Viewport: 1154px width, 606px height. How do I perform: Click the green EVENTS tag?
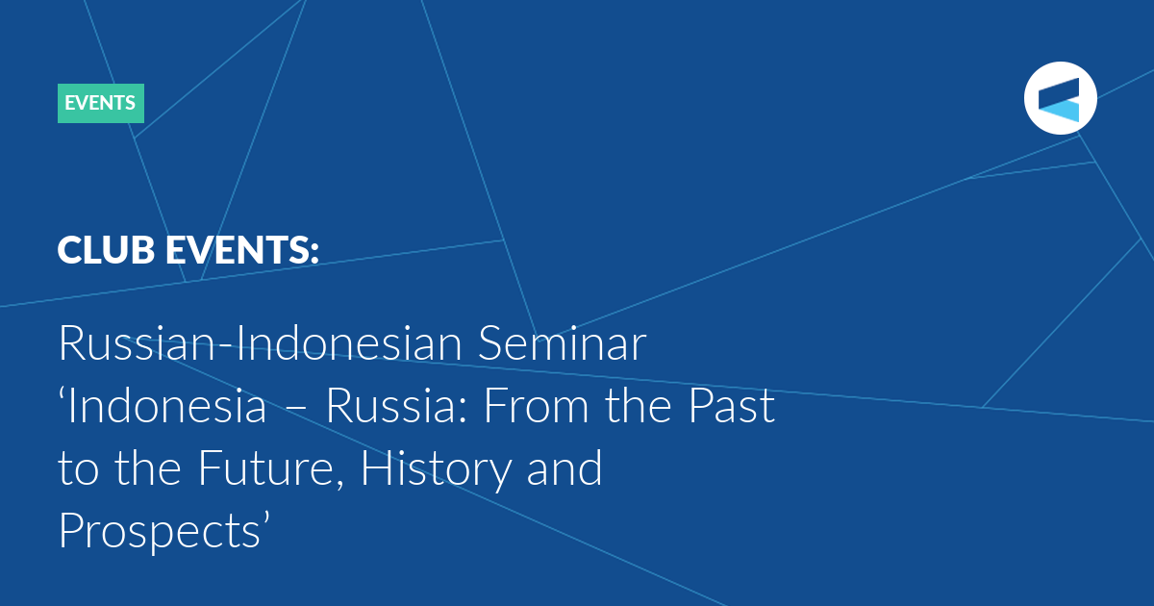pos(101,103)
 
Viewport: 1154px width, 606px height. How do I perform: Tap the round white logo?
pos(1060,98)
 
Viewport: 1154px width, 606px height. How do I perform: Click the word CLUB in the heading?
pos(106,250)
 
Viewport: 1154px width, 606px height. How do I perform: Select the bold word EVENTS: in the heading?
pos(242,250)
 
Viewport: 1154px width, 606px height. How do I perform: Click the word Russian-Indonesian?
pos(261,342)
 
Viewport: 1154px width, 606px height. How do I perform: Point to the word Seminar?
pos(562,342)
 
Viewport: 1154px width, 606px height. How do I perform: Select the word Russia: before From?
pos(396,405)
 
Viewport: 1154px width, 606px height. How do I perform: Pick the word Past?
pos(732,405)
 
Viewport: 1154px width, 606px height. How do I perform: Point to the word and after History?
pos(564,467)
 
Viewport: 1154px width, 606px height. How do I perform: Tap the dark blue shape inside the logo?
pos(1060,91)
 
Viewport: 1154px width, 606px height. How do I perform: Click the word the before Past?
pos(639,405)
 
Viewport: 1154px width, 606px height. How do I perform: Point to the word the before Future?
pos(148,467)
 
